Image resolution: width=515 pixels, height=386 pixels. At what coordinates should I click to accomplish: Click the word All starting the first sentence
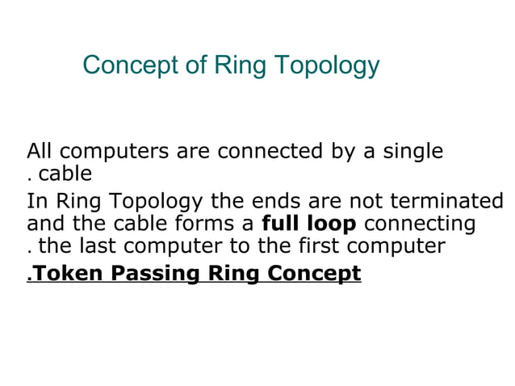(x=40, y=151)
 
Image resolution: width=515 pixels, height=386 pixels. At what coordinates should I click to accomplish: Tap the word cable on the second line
(x=65, y=174)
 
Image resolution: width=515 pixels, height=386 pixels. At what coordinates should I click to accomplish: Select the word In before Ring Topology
(x=36, y=200)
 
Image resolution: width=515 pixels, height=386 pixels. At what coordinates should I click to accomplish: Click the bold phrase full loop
(x=309, y=223)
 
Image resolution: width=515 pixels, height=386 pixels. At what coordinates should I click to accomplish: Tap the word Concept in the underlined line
(x=313, y=274)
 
